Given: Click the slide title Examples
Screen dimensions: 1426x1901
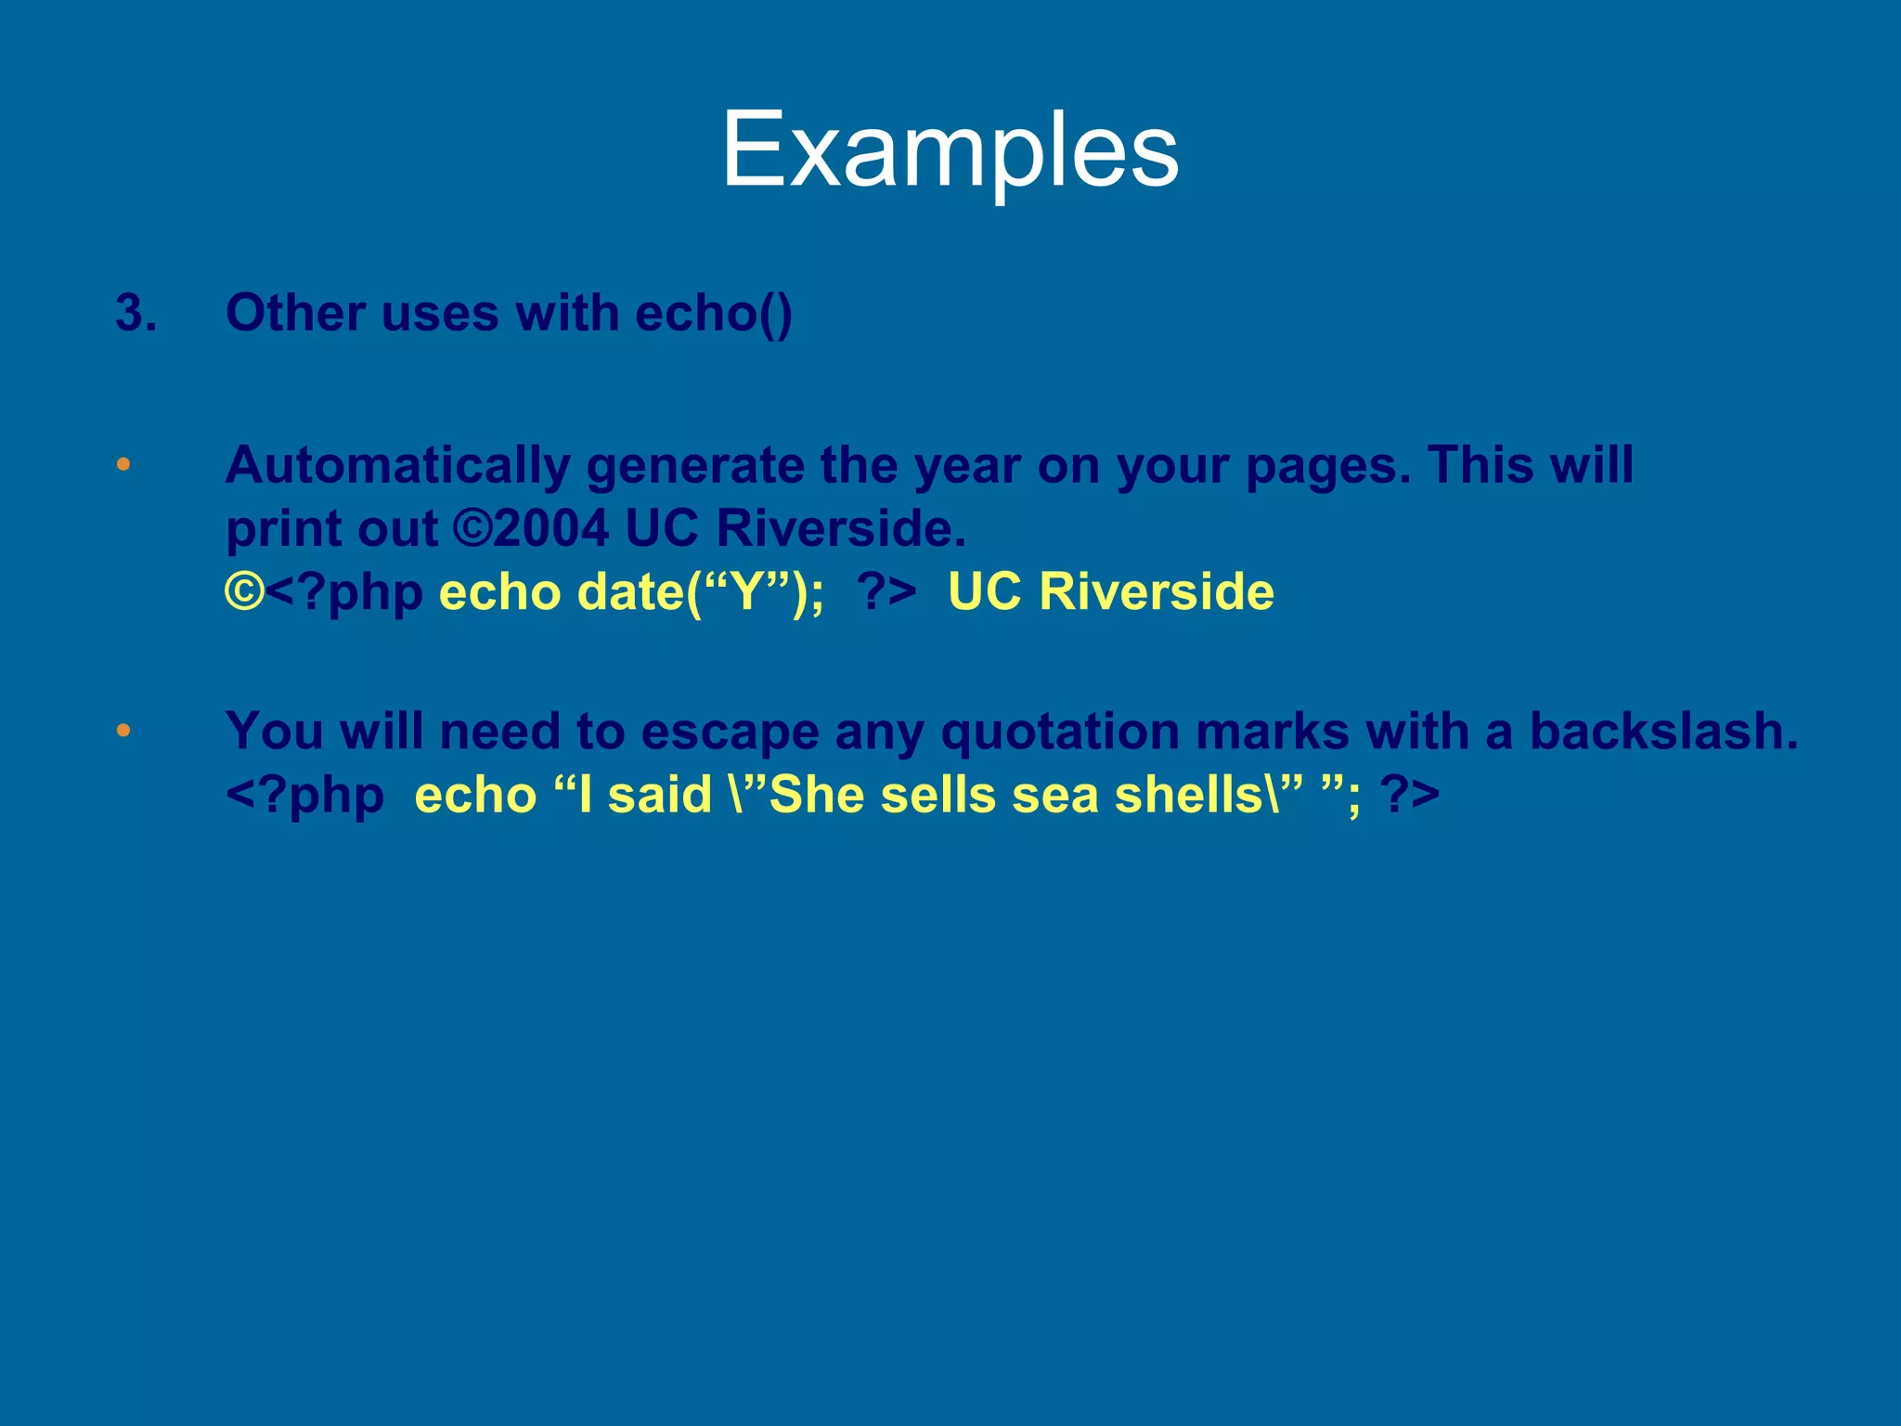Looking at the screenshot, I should [x=950, y=150].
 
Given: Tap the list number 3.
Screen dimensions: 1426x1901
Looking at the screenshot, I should [x=136, y=313].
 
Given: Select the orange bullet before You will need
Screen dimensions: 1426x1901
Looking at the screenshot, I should [x=123, y=731].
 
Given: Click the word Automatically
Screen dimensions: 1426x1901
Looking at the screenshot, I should [x=397, y=465].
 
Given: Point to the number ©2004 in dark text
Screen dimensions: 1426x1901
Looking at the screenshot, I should [x=531, y=528].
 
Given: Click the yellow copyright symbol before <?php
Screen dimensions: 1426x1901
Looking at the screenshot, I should [x=244, y=591].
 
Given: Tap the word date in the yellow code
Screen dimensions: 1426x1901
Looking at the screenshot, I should [x=629, y=591].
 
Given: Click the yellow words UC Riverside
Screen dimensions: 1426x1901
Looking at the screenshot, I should [x=1110, y=591].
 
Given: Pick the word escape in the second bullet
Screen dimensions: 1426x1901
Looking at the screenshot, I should [x=730, y=731].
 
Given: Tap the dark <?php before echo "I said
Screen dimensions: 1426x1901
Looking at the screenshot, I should [x=304, y=795].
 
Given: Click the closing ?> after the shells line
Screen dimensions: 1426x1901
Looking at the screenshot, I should [x=1409, y=795].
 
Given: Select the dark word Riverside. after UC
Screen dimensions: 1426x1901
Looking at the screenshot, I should [x=841, y=528].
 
